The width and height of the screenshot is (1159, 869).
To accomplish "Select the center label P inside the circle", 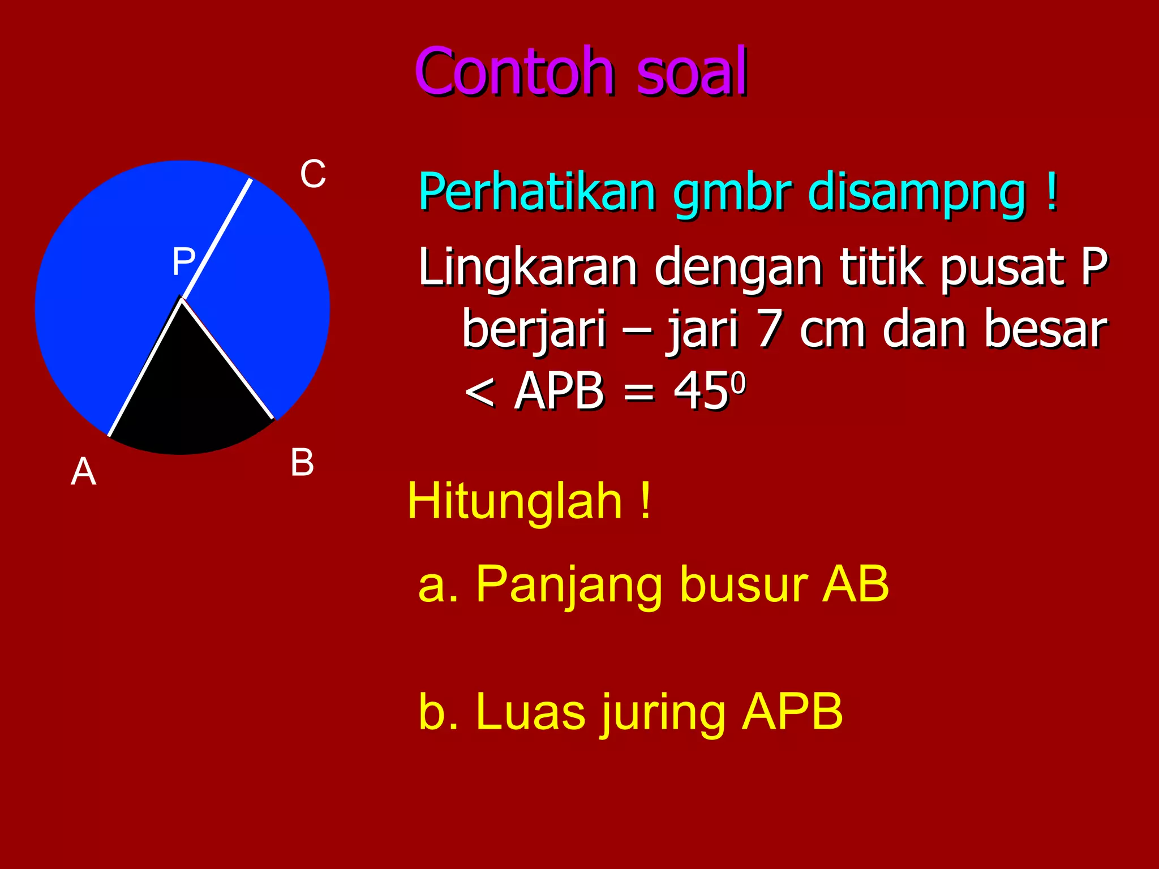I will [x=183, y=261].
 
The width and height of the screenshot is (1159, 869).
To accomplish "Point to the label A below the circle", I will [x=83, y=471].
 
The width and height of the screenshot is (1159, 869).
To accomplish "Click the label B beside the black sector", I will [x=302, y=462].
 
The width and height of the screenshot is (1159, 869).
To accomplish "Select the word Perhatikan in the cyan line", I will [x=536, y=192].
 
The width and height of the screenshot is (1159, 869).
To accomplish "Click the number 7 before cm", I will [x=770, y=329].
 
